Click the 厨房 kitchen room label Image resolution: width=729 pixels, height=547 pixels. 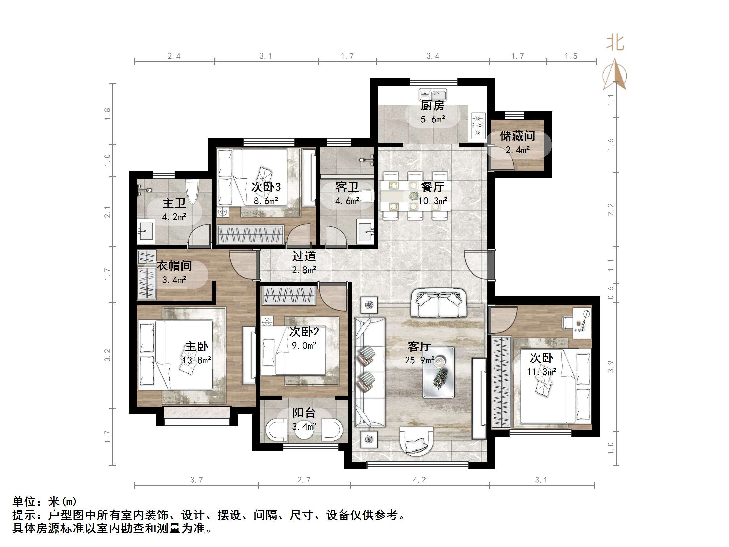pyautogui.click(x=433, y=106)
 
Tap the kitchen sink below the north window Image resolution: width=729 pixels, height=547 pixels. pyautogui.click(x=433, y=94)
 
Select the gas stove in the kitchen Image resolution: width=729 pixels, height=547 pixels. pyautogui.click(x=478, y=125)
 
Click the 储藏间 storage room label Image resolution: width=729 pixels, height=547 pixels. pyautogui.click(x=517, y=136)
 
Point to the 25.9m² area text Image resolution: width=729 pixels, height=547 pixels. pyautogui.click(x=419, y=360)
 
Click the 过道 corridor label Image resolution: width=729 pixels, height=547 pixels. pyautogui.click(x=304, y=256)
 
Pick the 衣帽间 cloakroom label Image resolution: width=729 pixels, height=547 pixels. pyautogui.click(x=174, y=266)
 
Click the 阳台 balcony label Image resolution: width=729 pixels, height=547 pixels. pyautogui.click(x=304, y=413)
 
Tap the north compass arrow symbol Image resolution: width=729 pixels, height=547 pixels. pyautogui.click(x=615, y=75)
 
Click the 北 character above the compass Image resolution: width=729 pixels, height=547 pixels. pyautogui.click(x=615, y=43)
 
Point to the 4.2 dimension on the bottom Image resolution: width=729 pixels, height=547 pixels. pyautogui.click(x=419, y=480)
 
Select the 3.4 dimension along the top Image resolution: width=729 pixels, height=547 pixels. pyautogui.click(x=433, y=56)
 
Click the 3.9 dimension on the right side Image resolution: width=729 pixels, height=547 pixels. pyautogui.click(x=611, y=367)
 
